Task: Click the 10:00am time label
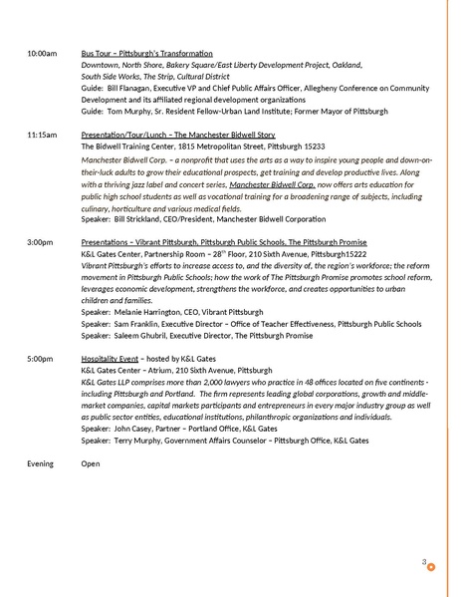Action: [41, 51]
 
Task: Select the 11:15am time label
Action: [41, 134]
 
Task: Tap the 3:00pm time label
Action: [40, 242]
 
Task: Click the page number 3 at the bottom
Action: [423, 563]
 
